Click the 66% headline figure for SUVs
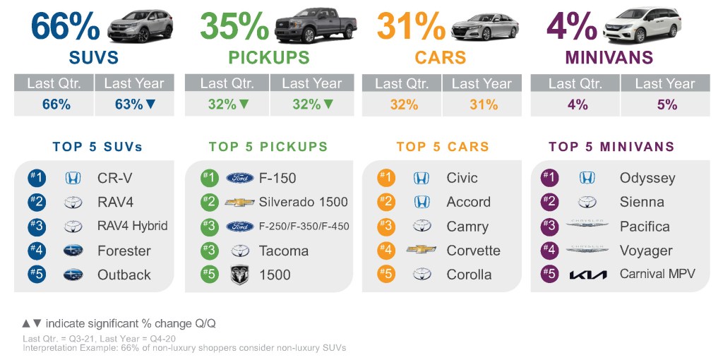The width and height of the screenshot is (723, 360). pyautogui.click(x=66, y=25)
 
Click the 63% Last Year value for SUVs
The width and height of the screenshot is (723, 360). pyautogui.click(x=133, y=104)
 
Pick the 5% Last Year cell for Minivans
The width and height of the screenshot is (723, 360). pyautogui.click(x=665, y=104)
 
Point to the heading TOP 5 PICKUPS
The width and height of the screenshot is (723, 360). pyautogui.click(x=268, y=147)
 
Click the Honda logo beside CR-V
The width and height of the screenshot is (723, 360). pyautogui.click(x=73, y=178)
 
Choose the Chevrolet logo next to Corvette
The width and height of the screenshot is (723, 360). pyautogui.click(x=421, y=251)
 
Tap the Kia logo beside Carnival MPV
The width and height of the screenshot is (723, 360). pyautogui.click(x=587, y=275)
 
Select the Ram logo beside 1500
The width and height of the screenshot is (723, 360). pyautogui.click(x=240, y=275)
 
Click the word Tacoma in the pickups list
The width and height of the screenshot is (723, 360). pyautogui.click(x=284, y=251)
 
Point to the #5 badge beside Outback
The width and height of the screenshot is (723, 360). pyautogui.click(x=37, y=275)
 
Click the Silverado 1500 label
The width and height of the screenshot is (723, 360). pyautogui.click(x=304, y=202)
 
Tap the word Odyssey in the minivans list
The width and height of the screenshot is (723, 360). pyautogui.click(x=647, y=178)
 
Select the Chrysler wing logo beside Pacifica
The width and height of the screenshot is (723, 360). pyautogui.click(x=587, y=226)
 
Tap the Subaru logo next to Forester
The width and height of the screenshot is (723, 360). pyautogui.click(x=73, y=251)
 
